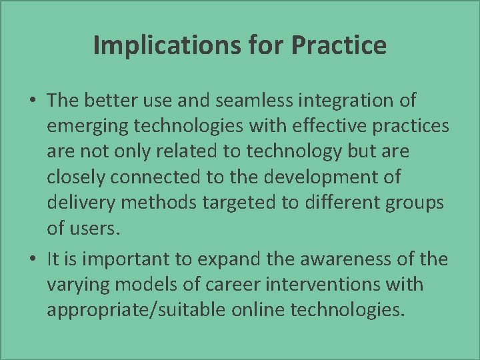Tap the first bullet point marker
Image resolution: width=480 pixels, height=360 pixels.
point(33,102)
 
